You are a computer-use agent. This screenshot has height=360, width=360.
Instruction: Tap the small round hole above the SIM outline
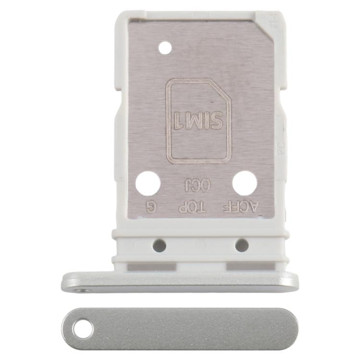pyautogui.click(x=165, y=48)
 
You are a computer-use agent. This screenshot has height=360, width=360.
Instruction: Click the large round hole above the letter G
pyautogui.click(x=147, y=183)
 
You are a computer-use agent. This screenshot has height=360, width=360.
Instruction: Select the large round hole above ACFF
pyautogui.click(x=244, y=183)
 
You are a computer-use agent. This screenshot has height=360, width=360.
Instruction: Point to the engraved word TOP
pyautogui.click(x=192, y=207)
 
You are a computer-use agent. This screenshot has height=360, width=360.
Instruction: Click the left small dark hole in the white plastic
pyautogui.click(x=159, y=246)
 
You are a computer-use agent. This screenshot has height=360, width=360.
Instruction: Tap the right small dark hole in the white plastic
pyautogui.click(x=241, y=246)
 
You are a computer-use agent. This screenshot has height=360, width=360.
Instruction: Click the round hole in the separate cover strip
pyautogui.click(x=83, y=329)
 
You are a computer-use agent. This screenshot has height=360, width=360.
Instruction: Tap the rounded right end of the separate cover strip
pyautogui.click(x=290, y=329)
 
